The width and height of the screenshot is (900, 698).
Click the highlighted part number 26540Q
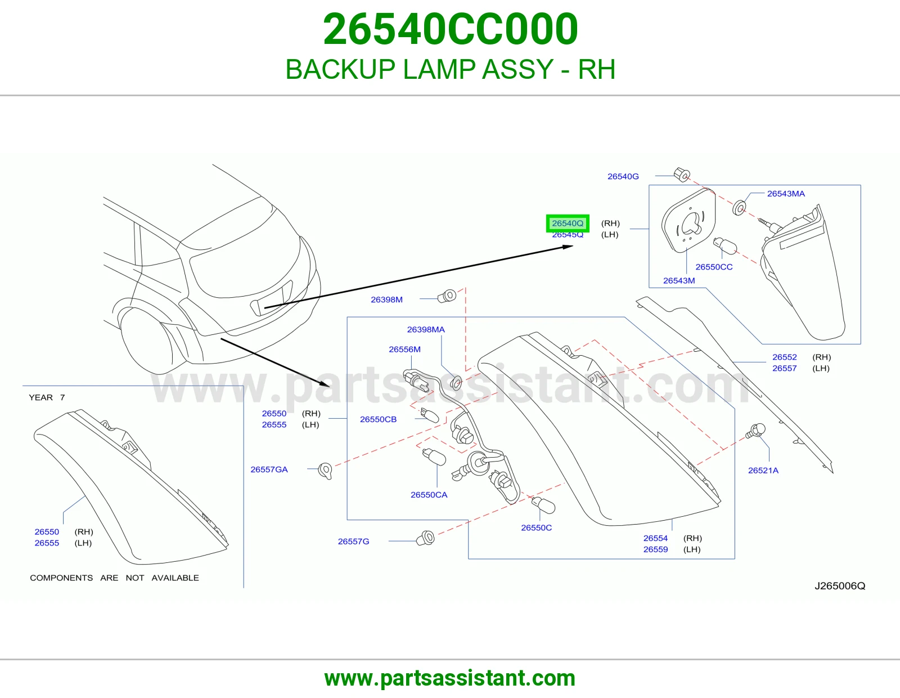(x=568, y=223)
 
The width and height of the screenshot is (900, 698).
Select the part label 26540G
(x=623, y=177)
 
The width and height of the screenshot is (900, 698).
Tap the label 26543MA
(x=786, y=194)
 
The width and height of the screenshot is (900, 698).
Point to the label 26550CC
(x=714, y=267)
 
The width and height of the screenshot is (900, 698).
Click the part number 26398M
(x=386, y=299)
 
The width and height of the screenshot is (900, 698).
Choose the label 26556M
(x=404, y=350)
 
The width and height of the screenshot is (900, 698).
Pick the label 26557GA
(x=269, y=469)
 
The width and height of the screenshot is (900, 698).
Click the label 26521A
(x=763, y=471)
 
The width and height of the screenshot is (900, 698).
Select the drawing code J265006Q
(x=840, y=585)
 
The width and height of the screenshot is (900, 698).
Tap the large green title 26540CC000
(x=450, y=29)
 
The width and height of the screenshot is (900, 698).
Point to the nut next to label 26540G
(x=681, y=174)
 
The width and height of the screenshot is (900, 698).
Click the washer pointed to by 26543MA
(x=739, y=208)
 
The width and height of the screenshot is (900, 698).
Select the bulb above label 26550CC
(x=725, y=245)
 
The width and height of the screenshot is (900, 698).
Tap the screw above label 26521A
(x=755, y=431)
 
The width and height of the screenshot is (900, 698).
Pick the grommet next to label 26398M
(x=447, y=296)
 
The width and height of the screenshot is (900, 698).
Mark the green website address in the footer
(x=450, y=678)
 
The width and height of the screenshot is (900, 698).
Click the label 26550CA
(x=429, y=495)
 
